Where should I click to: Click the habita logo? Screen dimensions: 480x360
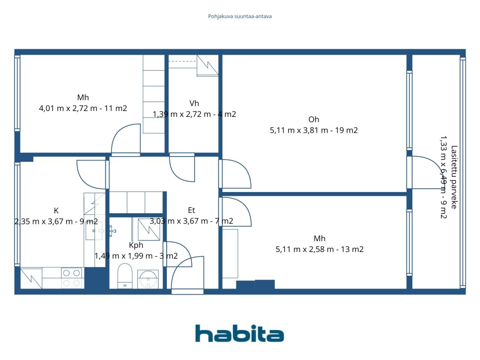point(240,333)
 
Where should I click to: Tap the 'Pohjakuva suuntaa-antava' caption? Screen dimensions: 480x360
point(240,16)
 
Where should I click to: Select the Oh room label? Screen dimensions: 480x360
point(313,119)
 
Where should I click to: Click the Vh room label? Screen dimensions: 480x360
point(194,103)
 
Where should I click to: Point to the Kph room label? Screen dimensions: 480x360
point(136,245)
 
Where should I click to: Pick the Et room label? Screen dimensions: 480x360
point(191,210)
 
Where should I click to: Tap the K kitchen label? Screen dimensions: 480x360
point(56,211)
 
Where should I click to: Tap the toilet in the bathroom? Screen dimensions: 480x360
point(125,276)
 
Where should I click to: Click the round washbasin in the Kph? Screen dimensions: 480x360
point(148,279)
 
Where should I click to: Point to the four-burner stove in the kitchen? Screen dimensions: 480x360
point(72,278)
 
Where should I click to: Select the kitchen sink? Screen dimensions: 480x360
point(94,231)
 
